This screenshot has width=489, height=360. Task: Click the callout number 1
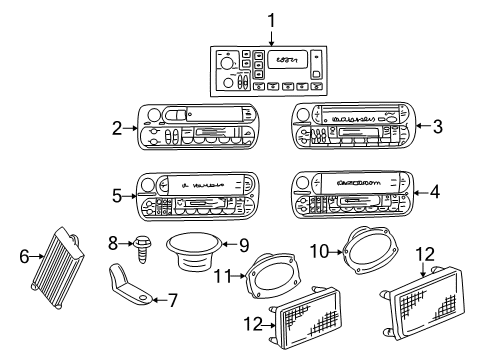[x=270, y=19]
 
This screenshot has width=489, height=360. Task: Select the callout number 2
[x=117, y=128]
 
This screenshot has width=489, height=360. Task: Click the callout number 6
[x=23, y=256]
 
